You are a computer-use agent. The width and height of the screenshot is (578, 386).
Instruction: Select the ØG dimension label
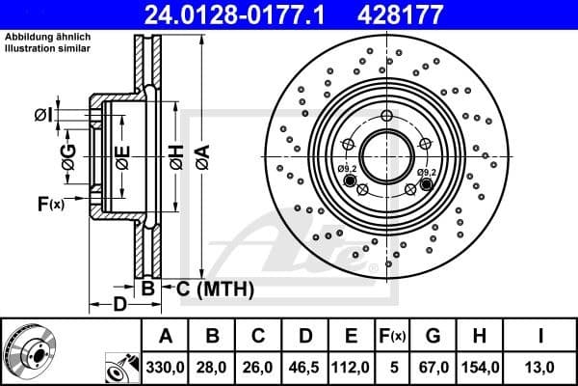(68, 159)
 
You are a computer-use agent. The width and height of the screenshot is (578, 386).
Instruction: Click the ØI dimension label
(42, 116)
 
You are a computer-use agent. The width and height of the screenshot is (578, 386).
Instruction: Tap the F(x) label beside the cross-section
(50, 204)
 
